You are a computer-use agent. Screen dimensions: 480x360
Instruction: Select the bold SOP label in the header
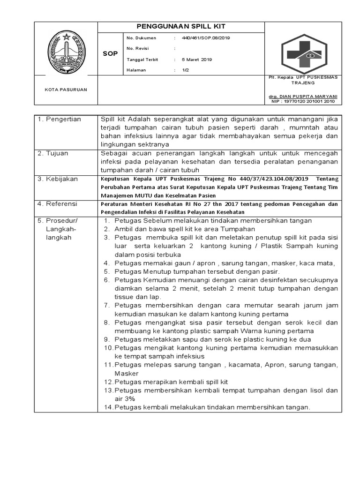pyautogui.click(x=110, y=54)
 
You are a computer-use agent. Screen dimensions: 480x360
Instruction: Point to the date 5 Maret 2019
pyautogui.click(x=197, y=60)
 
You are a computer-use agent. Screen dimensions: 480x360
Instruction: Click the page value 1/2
pyautogui.click(x=185, y=70)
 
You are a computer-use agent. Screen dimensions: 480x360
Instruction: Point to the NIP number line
pyautogui.click(x=303, y=101)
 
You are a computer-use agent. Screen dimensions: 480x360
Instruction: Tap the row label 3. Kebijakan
pyautogui.click(x=58, y=179)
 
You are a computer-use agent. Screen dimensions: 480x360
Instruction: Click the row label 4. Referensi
pyautogui.click(x=58, y=204)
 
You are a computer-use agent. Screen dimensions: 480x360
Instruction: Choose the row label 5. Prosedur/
pyautogui.click(x=58, y=221)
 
